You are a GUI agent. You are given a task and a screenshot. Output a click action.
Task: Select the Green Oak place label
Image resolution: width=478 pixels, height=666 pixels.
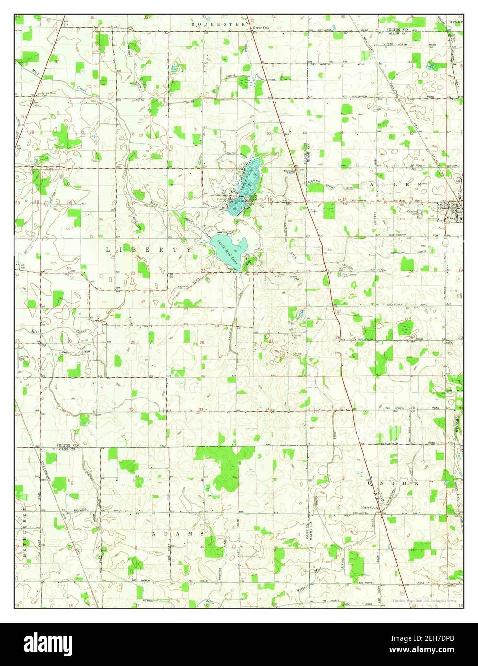click(262, 28)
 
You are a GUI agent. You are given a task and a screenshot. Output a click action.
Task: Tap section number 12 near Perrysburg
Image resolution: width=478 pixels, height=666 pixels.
click(412, 548)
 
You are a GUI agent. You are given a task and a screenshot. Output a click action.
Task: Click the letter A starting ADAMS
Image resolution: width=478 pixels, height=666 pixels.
click(154, 533)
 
